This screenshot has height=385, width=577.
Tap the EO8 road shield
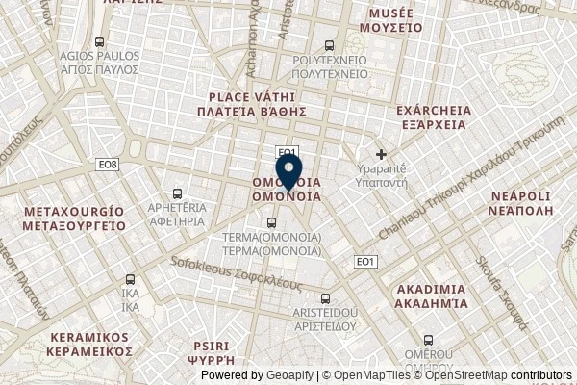pos(108,166)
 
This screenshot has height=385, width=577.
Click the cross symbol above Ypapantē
pos(382,154)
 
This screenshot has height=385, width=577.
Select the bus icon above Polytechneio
pos(331,44)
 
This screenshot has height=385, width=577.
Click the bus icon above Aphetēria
pos(176,192)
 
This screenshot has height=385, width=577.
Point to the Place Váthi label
pos(257,104)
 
